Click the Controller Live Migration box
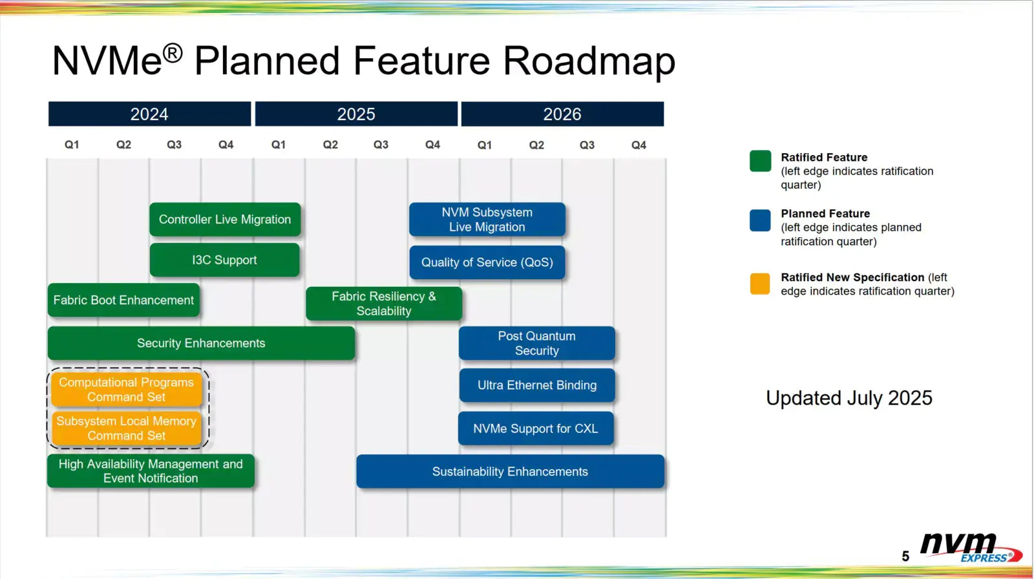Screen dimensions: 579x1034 pos(225,220)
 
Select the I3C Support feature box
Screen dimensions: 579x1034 pos(224,260)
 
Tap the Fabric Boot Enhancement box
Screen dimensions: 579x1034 pos(123,300)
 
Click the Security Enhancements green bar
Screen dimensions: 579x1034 pos(201,343)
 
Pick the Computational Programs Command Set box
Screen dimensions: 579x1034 pos(127,390)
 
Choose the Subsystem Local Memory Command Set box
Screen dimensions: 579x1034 pos(127,428)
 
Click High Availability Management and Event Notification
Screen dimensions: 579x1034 pos(151,471)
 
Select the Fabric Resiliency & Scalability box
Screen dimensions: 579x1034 pos(384,304)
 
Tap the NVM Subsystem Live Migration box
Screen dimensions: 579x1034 pos(487,220)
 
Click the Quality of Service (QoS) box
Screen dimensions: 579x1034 pos(487,262)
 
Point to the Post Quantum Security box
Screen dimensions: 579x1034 pos(536,343)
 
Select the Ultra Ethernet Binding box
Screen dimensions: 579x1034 pos(536,385)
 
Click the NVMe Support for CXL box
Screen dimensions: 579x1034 pos(536,428)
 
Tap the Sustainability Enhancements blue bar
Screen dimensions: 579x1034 pos(510,472)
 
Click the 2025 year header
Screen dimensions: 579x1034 pos(356,114)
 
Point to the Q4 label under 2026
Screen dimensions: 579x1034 pos(638,145)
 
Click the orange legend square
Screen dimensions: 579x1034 pos(760,284)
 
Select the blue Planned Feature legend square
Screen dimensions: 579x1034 pos(760,220)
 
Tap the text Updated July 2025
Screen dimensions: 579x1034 pos(849,398)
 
